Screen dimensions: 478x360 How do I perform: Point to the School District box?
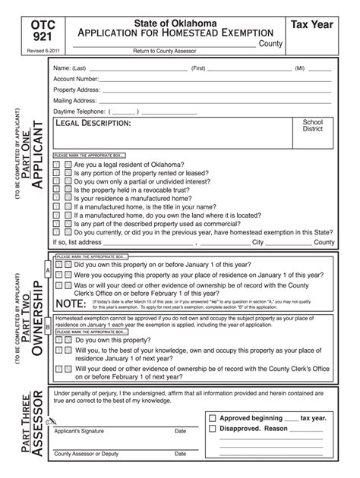(x=312, y=126)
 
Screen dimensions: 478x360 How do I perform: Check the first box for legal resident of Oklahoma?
(x=57, y=164)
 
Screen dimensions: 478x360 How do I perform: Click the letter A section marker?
(x=48, y=271)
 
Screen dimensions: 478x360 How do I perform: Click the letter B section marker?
(x=48, y=327)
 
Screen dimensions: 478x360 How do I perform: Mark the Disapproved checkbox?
(x=212, y=429)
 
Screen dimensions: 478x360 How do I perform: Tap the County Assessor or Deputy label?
(x=86, y=454)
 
